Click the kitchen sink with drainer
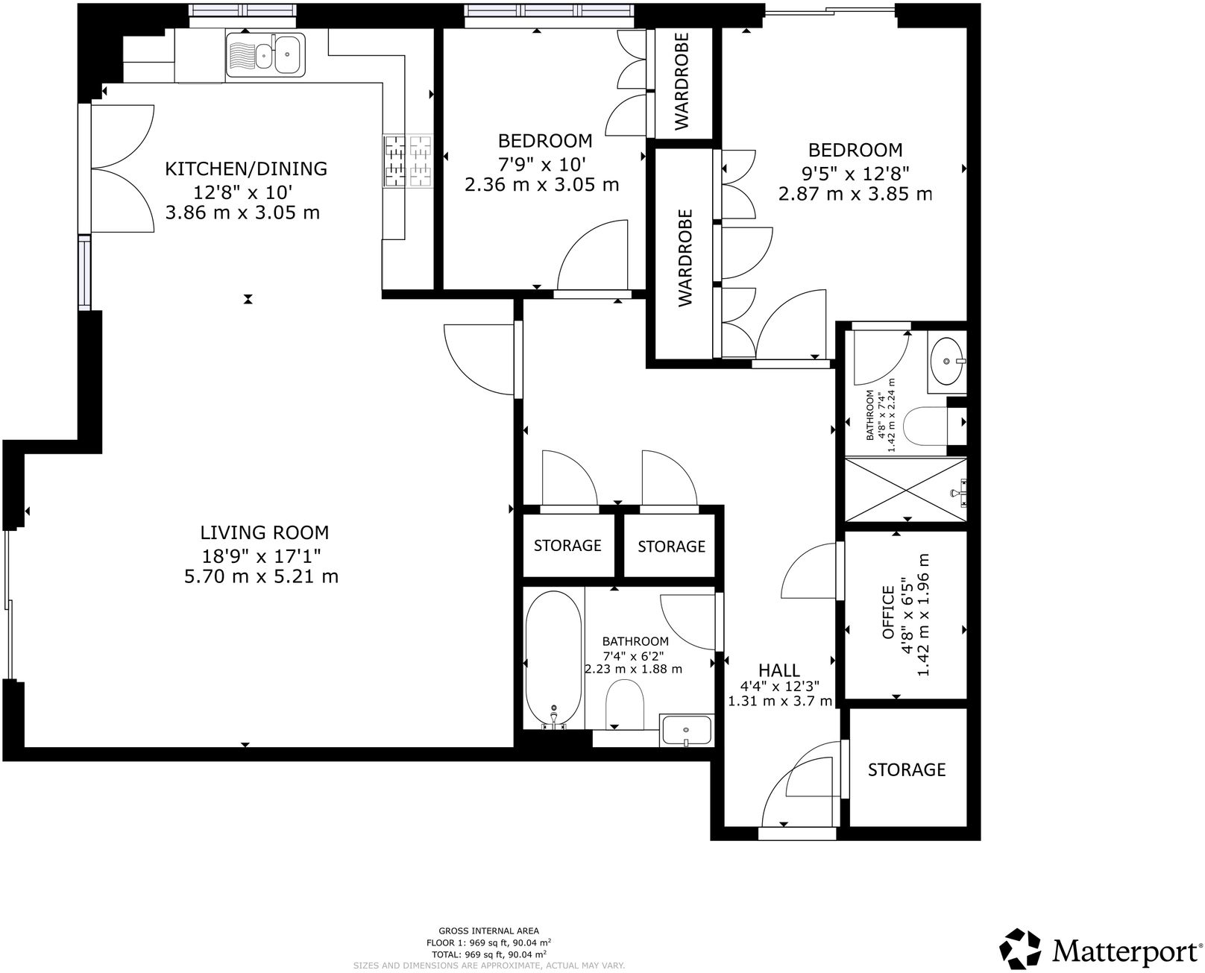265,54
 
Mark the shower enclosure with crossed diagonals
904,490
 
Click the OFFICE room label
888,612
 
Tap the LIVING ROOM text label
264,532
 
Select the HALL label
779,670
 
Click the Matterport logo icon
1020,948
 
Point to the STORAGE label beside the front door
906,769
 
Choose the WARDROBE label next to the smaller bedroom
682,82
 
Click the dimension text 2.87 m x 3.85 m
855,194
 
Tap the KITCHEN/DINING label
245,169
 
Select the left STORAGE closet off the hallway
567,545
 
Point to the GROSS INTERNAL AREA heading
488,931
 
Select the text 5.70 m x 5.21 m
261,576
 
